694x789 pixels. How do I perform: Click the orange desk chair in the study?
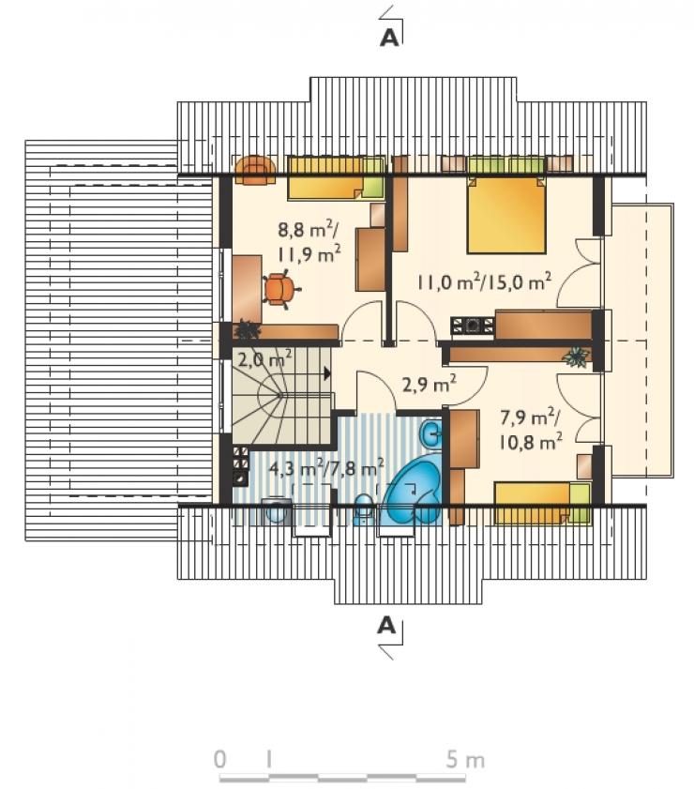tap(279, 289)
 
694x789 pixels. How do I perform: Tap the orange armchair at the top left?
tap(256, 171)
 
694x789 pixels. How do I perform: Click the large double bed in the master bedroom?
tap(506, 214)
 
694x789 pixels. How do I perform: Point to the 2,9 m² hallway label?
tap(429, 384)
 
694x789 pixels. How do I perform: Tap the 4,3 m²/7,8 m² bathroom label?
tap(327, 468)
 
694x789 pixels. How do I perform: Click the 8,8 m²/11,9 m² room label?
tap(309, 242)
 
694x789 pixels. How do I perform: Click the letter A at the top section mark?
tap(389, 38)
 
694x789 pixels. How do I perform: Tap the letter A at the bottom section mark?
tap(386, 625)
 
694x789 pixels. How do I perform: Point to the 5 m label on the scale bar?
tap(465, 759)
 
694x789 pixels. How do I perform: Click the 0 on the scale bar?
tap(219, 759)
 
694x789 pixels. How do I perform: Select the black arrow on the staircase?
tap(327, 373)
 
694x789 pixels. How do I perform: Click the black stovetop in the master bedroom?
tap(473, 326)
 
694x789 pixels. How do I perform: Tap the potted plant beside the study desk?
tap(247, 329)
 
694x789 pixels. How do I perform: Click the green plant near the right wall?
tap(577, 357)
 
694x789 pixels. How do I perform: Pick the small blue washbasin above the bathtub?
tap(430, 432)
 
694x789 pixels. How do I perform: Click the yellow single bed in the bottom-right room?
tap(542, 503)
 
